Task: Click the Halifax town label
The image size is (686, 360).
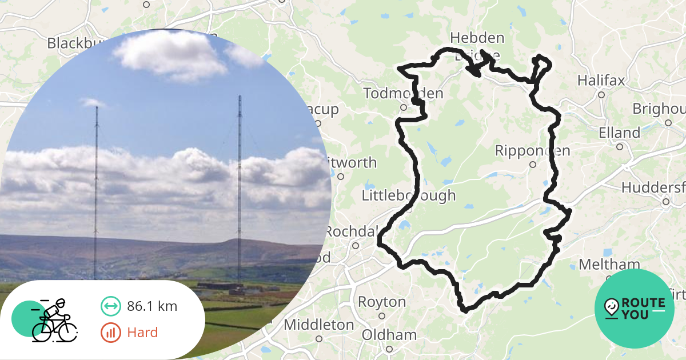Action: click(x=601, y=80)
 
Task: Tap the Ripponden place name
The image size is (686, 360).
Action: click(x=532, y=151)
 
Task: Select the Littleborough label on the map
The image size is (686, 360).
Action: click(x=409, y=195)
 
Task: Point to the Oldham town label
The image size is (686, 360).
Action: click(x=389, y=335)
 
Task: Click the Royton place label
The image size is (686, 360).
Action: click(x=378, y=301)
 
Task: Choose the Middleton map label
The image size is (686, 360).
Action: click(x=318, y=325)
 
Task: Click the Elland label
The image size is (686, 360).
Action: click(x=619, y=133)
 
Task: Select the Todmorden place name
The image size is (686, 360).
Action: click(x=403, y=93)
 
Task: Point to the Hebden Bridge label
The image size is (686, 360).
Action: click(x=477, y=46)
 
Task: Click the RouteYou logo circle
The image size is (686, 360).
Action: click(x=635, y=309)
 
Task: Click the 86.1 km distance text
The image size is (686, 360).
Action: click(x=152, y=306)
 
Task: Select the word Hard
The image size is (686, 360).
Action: click(x=142, y=333)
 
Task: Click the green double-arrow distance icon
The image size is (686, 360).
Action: click(x=110, y=306)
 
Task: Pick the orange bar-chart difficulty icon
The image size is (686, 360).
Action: click(x=110, y=333)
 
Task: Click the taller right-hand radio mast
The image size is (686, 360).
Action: click(x=239, y=189)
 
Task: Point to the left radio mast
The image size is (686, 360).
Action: click(x=96, y=189)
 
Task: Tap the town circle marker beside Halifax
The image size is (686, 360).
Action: click(x=601, y=95)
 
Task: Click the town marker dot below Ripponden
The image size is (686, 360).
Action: click(x=532, y=165)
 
